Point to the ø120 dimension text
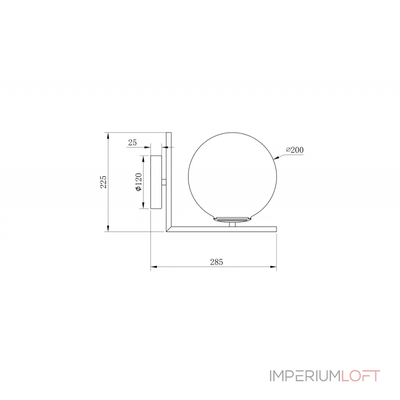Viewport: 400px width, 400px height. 139,182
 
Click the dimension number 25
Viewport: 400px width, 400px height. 132,143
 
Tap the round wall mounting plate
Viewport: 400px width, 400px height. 156,182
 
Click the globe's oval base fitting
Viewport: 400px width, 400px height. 231,219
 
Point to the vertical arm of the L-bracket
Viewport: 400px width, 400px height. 168,180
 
